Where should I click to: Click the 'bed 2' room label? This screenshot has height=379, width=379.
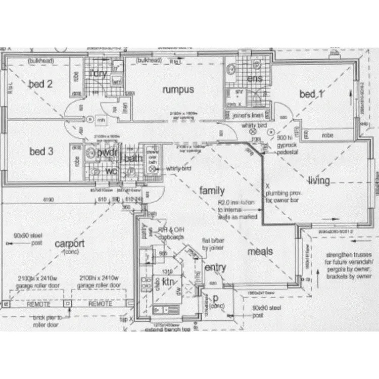pyautogui.click(x=40, y=84)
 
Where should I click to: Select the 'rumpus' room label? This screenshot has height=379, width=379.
pyautogui.click(x=177, y=89)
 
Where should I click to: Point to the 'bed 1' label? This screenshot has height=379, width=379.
pyautogui.click(x=311, y=94)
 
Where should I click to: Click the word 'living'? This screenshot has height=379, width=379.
pyautogui.click(x=319, y=180)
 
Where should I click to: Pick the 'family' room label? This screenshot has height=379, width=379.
pyautogui.click(x=212, y=191)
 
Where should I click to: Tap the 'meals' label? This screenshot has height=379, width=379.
pyautogui.click(x=260, y=251)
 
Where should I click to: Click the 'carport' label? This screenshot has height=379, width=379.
pyautogui.click(x=70, y=244)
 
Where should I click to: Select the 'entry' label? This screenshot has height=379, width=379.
pyautogui.click(x=215, y=268)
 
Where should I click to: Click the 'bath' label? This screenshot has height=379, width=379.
pyautogui.click(x=132, y=159)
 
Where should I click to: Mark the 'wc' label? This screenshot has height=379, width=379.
pyautogui.click(x=111, y=171)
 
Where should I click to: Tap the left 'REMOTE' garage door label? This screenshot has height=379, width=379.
pyautogui.click(x=38, y=304)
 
